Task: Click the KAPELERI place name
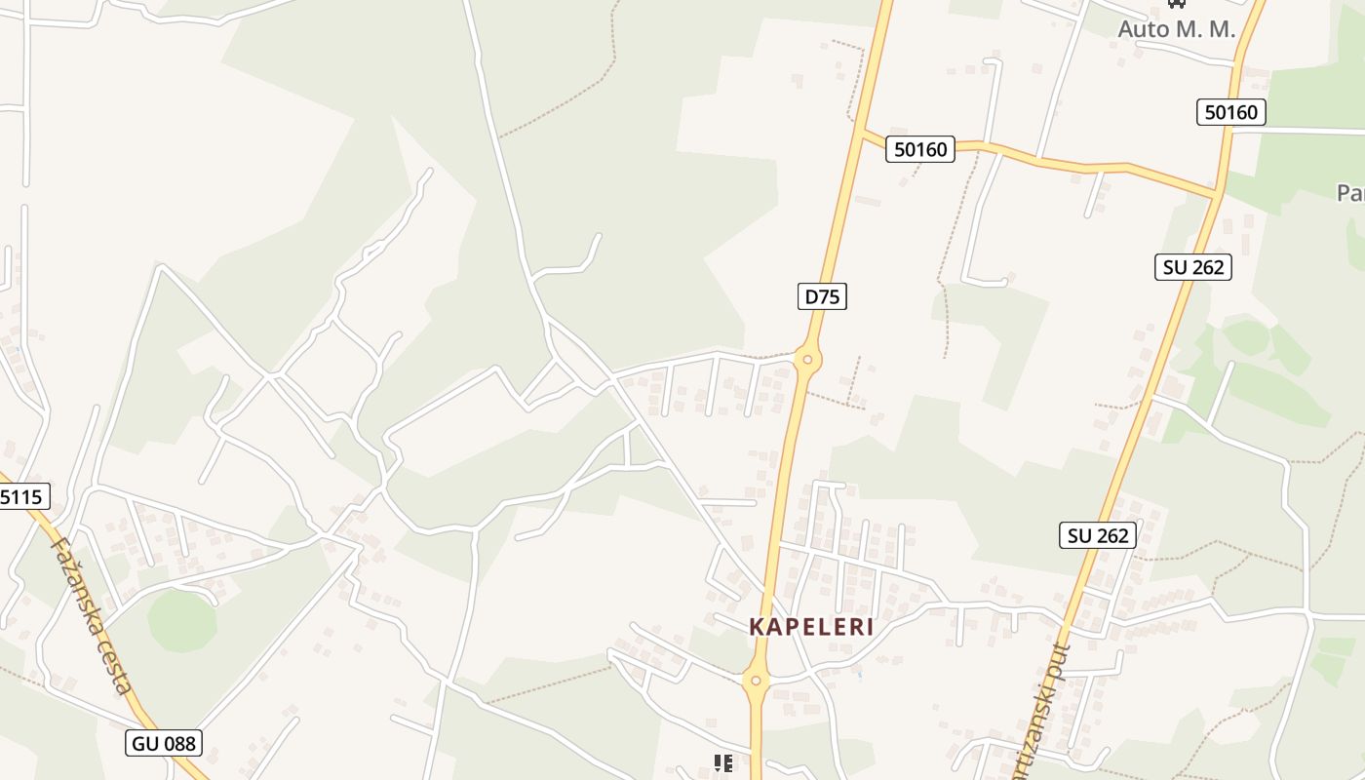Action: pyautogui.click(x=811, y=627)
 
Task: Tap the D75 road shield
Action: pyautogui.click(x=821, y=295)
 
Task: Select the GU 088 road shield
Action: pyautogui.click(x=164, y=744)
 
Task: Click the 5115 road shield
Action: pyautogui.click(x=21, y=497)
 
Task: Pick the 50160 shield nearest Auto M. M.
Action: pyautogui.click(x=1230, y=112)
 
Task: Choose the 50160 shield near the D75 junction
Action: pyautogui.click(x=920, y=149)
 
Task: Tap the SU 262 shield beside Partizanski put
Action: pyautogui.click(x=1097, y=535)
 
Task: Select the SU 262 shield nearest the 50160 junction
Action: pyautogui.click(x=1192, y=266)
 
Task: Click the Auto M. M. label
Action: pyautogui.click(x=1176, y=29)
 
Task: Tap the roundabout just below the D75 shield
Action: pyautogui.click(x=806, y=361)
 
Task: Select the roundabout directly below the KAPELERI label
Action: pyautogui.click(x=756, y=682)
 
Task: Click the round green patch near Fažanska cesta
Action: pyautogui.click(x=181, y=621)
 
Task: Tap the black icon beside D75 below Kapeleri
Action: pyautogui.click(x=722, y=762)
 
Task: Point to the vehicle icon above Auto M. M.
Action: pyautogui.click(x=1176, y=3)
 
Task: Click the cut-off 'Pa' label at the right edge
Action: pyautogui.click(x=1350, y=193)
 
